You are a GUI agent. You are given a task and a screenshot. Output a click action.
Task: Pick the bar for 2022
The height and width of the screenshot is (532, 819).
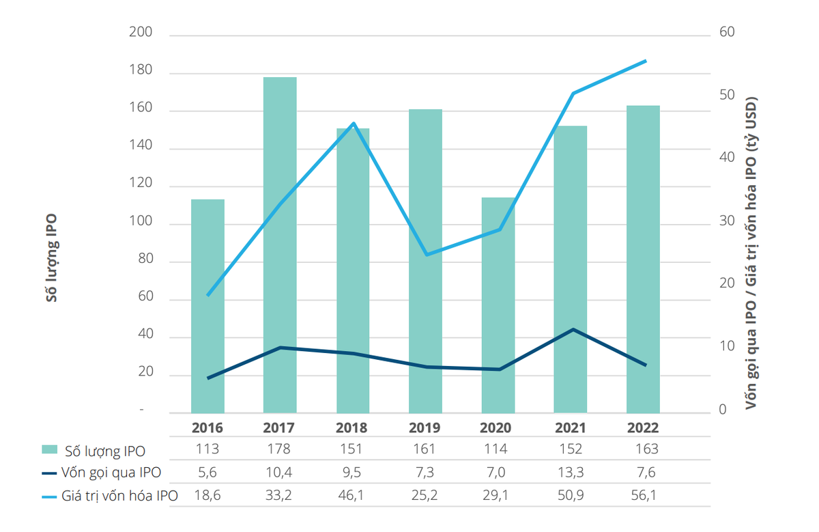pos(643,259)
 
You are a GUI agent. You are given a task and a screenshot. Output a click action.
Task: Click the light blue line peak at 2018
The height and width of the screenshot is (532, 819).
pos(354,124)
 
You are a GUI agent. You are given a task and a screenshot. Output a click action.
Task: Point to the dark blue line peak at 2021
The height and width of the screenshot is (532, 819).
pos(573,329)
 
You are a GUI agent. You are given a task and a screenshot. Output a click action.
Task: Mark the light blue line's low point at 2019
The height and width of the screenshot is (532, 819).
pos(427,255)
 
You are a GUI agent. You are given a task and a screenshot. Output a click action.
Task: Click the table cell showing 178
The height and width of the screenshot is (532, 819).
pos(279,449)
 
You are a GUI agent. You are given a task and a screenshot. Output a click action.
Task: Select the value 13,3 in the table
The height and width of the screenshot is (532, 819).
pos(571,473)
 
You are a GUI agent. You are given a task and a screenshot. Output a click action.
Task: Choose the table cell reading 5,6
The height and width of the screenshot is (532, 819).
pos(207,473)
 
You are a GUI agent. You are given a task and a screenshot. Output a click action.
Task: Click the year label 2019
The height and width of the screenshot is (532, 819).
pos(425,428)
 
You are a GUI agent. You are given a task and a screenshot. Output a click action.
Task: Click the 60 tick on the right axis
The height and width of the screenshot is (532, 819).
pos(727,33)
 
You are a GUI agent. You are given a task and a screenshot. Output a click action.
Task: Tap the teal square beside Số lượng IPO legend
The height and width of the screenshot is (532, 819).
pos(49,450)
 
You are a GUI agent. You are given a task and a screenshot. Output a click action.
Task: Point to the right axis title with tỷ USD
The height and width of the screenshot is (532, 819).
pos(751,253)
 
